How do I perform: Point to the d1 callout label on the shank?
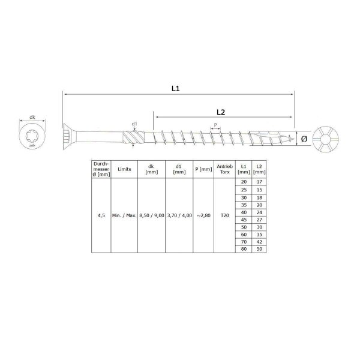[x=134, y=124]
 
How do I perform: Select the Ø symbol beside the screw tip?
[x=304, y=139]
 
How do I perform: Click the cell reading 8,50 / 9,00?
[x=151, y=215]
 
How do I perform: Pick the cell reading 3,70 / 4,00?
[x=179, y=215]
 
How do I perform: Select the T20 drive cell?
[x=224, y=215]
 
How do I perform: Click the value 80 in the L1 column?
[x=243, y=248]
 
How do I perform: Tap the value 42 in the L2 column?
[x=259, y=241]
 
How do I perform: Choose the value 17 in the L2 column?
[x=259, y=182]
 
